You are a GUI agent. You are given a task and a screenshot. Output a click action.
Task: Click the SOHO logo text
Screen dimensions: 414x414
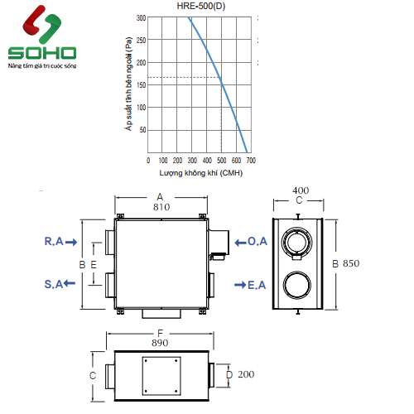pos(42,53)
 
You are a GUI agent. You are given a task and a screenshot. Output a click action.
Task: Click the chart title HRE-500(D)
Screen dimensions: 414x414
pos(201,6)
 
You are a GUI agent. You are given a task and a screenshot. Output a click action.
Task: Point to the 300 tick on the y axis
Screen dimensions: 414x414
pos(141,18)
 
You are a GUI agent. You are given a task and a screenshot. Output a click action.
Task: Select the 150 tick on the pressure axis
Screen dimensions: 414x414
pos(141,85)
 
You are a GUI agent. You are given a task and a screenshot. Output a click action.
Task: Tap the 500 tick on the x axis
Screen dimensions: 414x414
pos(221,161)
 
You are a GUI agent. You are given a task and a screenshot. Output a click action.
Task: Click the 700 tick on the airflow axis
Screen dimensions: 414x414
pos(251,161)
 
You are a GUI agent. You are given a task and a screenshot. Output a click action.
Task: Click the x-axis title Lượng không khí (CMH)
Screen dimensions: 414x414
pos(201,173)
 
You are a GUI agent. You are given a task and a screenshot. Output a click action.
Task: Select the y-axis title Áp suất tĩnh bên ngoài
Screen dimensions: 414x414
pos(128,84)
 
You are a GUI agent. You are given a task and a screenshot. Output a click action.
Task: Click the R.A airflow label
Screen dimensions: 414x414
pos(54,241)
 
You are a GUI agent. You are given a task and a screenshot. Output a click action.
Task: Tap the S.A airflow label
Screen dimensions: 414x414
pos(54,284)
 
